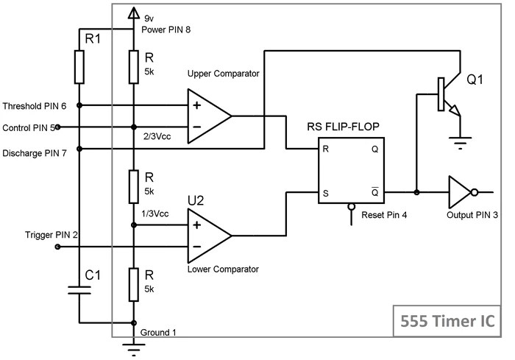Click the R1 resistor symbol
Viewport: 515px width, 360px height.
pos(79,67)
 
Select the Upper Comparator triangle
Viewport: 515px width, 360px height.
pos(208,116)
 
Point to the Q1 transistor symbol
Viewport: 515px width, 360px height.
pos(444,96)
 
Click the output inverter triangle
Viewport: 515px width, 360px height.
pos(461,193)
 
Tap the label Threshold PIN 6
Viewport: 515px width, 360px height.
pos(34,106)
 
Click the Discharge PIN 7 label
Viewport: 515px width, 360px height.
pos(34,152)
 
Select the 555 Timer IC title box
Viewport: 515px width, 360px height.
pos(448,321)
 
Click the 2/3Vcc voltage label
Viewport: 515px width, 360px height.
pos(157,135)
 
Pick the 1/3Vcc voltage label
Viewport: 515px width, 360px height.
pos(157,213)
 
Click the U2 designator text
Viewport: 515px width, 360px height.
pos(196,200)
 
